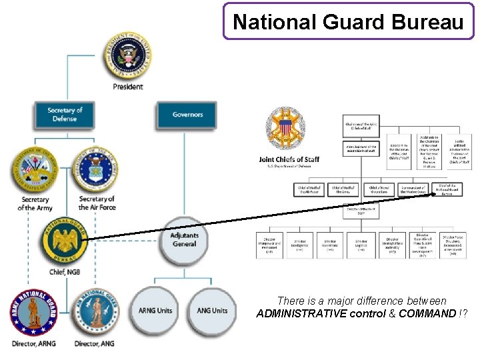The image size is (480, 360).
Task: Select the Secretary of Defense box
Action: (x=65, y=114)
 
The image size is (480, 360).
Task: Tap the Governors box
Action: (x=187, y=114)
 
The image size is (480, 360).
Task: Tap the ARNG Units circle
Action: (x=155, y=310)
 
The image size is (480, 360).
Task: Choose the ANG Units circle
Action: (x=213, y=310)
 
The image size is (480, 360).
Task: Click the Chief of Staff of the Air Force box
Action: (x=309, y=190)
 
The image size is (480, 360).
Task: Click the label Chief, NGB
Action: (x=65, y=272)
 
